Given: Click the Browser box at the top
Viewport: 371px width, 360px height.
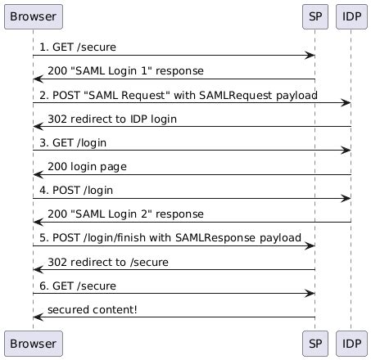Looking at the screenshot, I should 34,17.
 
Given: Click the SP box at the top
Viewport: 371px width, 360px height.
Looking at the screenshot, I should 315,17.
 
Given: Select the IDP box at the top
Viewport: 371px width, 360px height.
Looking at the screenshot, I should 351,17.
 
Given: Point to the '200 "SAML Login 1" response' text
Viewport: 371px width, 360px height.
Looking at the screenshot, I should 125,71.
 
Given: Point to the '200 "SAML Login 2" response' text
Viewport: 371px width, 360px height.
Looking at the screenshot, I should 125,214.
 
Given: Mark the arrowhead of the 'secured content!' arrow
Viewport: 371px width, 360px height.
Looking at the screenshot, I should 38,317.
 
